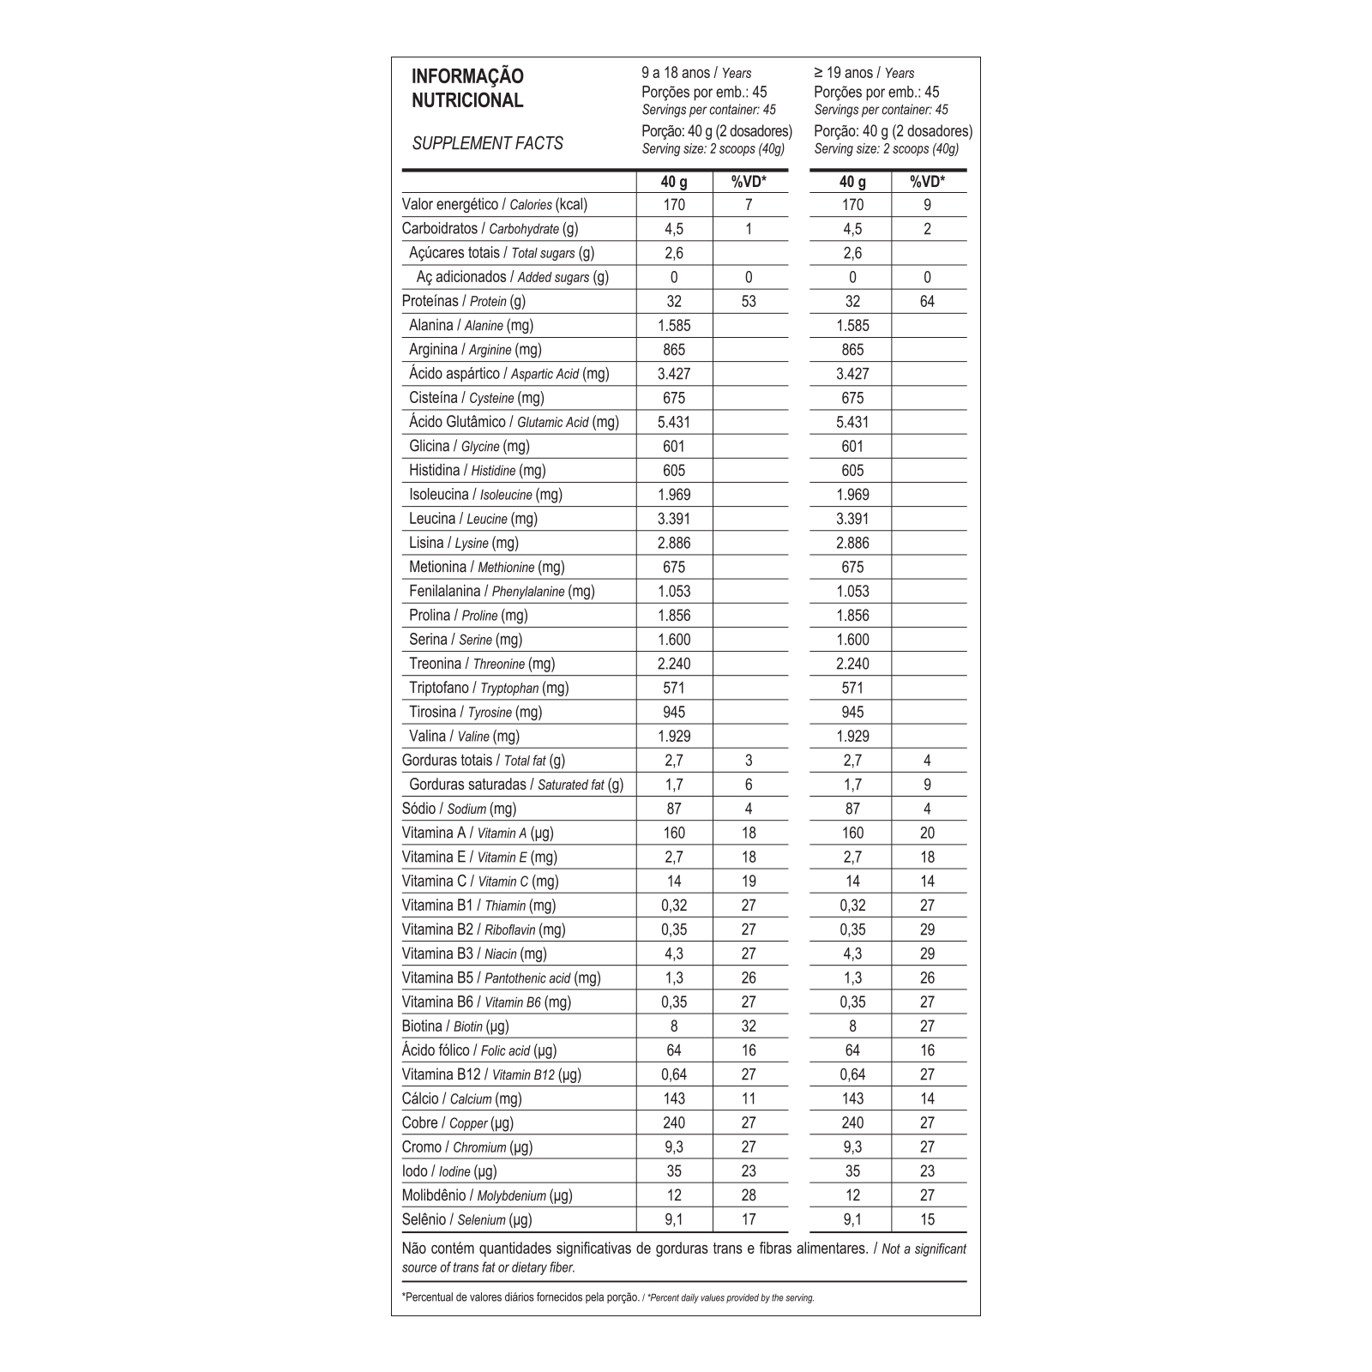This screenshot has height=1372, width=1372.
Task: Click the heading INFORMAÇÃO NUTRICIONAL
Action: pos(467,88)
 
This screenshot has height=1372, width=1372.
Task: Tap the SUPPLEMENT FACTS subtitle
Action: pos(487,143)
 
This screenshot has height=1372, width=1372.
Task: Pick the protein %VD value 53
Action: pos(749,301)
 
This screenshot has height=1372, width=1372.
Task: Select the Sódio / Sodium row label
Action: pos(459,809)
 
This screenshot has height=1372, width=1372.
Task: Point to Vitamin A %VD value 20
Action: pos(927,833)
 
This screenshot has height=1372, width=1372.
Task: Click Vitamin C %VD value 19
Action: pos(749,881)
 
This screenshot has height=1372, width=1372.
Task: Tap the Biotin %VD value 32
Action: pos(749,1026)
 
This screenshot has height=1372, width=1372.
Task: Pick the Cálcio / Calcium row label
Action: pos(461,1098)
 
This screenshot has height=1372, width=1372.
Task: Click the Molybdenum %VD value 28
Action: pos(749,1195)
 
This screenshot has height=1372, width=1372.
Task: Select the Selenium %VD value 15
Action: pos(927,1219)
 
